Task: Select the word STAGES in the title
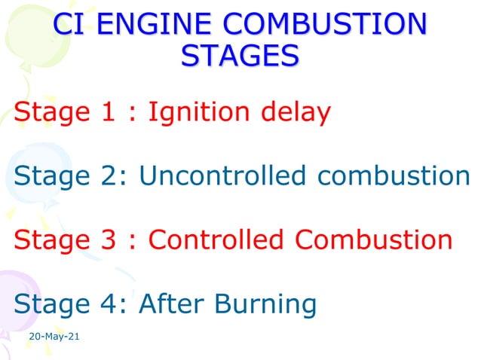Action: [x=240, y=56]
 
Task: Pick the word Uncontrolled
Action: [x=223, y=175]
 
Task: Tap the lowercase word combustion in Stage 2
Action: [x=393, y=175]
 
